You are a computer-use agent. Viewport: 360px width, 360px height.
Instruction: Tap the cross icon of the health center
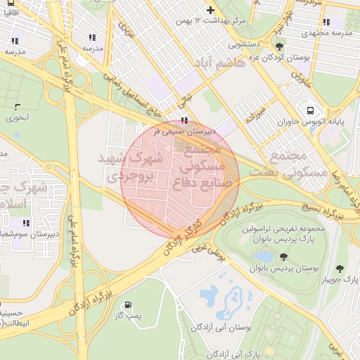[210, 9]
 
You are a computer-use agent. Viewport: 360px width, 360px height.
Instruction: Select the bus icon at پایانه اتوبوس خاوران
[310, 110]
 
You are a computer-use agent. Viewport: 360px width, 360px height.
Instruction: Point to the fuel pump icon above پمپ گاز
[127, 305]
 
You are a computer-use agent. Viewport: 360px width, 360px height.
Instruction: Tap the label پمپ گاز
[128, 316]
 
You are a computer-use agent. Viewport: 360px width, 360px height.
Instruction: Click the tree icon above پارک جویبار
[340, 269]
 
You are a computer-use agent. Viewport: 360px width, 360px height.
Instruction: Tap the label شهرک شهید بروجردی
[137, 168]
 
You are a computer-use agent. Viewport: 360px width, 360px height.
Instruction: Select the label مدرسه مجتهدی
[328, 33]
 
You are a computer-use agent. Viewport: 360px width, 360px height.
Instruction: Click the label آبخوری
[18, 118]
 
